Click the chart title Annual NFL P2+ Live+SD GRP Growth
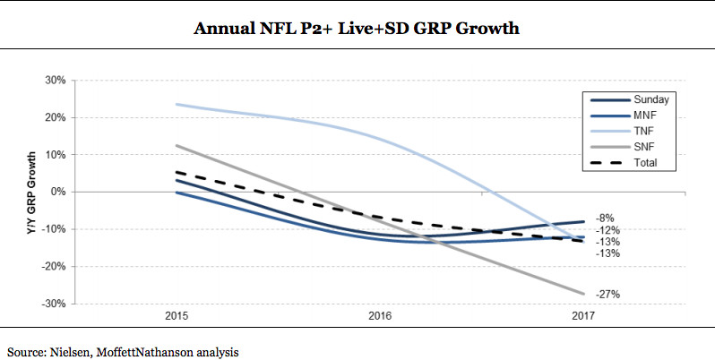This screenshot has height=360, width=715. pyautogui.click(x=357, y=29)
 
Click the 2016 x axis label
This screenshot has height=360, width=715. pyautogui.click(x=380, y=316)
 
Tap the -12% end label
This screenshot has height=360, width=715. pyautogui.click(x=608, y=230)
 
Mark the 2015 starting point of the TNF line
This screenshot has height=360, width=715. pyautogui.click(x=176, y=104)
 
